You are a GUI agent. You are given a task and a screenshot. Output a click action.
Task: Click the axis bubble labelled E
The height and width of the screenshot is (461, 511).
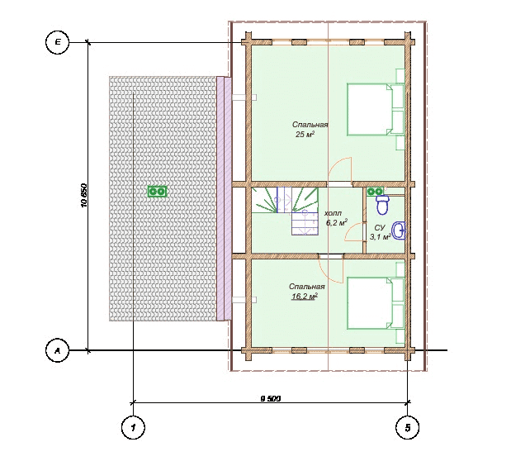57,42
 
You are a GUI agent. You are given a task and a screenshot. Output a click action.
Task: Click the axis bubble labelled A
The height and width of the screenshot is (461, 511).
57,351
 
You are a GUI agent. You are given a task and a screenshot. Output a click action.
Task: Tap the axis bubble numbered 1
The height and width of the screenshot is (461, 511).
133,427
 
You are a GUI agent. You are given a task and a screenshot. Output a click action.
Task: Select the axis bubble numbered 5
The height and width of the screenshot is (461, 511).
407,427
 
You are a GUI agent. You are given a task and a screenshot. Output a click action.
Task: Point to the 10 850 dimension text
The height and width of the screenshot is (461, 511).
83,196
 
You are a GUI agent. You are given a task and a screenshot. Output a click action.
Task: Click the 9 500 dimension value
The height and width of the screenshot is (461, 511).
271,398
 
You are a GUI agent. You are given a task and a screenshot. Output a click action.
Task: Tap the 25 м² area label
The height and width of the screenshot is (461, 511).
305,134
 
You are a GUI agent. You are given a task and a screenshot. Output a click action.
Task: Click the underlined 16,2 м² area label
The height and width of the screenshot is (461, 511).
305,297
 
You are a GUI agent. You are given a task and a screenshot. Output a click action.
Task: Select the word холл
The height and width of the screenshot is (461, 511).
333,213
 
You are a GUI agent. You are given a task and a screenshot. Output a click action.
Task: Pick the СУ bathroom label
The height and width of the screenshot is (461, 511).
380,227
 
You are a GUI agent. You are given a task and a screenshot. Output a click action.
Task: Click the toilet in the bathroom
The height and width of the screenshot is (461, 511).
382,205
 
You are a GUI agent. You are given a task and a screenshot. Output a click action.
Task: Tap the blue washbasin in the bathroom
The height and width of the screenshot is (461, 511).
399,230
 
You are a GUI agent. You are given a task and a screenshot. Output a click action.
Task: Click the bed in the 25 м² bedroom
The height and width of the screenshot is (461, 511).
376,109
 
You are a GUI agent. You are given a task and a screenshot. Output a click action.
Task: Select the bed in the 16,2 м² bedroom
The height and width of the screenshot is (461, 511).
376,303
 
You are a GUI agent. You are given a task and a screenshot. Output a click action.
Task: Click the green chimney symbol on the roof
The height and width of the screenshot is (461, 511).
158,191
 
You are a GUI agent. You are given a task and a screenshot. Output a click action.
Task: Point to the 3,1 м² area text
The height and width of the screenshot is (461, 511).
381,237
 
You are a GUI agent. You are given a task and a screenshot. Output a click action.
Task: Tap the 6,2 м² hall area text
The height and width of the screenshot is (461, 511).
337,223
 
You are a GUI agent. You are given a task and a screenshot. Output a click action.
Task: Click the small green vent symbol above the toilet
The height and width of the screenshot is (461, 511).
375,192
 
